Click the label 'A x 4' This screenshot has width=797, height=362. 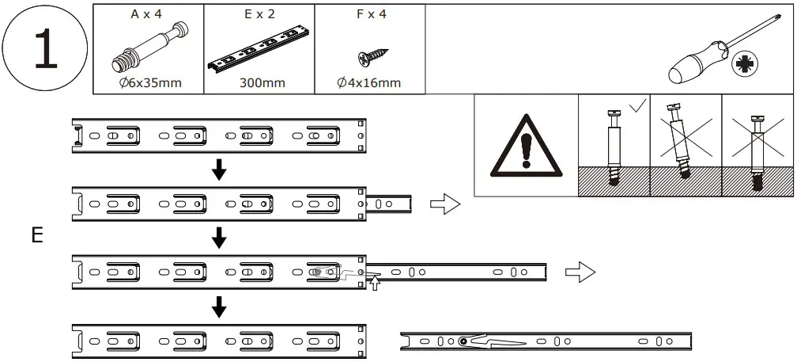(x=148, y=14)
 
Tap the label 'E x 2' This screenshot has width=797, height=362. (x=259, y=14)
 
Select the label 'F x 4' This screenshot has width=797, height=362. (x=369, y=14)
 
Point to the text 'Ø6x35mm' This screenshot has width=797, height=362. (x=148, y=82)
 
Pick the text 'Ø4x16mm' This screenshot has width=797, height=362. (x=369, y=82)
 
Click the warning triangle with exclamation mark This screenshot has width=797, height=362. (x=526, y=146)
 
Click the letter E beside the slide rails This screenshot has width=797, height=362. (x=36, y=236)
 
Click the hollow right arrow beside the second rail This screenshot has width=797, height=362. (x=444, y=205)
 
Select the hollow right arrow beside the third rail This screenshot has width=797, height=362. (x=580, y=273)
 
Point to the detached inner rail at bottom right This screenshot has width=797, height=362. (x=546, y=341)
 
